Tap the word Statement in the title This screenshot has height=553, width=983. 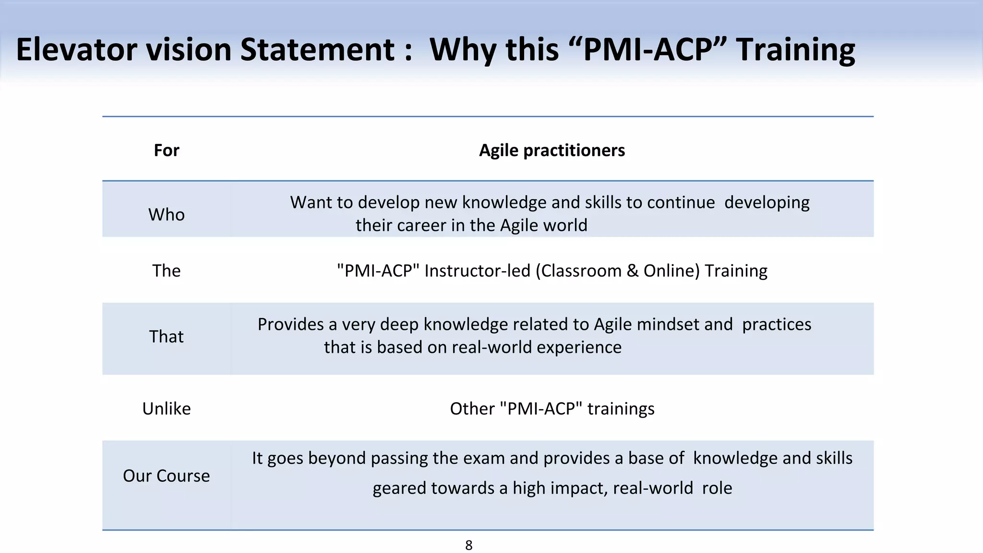[317, 49]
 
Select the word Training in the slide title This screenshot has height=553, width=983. [795, 50]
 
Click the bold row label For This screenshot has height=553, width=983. [166, 150]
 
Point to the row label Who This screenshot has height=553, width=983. [166, 215]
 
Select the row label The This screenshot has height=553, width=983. [166, 271]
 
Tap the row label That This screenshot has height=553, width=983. [166, 337]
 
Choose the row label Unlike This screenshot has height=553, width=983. [166, 409]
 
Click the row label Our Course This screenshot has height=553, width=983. [166, 476]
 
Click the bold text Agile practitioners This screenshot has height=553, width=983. [552, 150]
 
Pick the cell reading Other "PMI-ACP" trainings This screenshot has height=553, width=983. [552, 409]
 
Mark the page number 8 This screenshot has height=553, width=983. [469, 545]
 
